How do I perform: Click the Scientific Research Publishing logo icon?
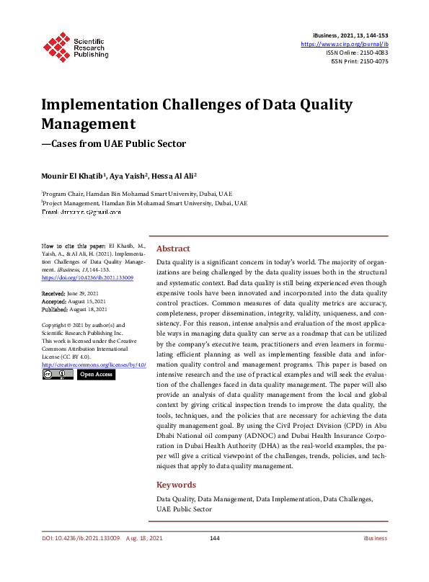[55, 46]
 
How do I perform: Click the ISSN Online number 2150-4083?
[371, 53]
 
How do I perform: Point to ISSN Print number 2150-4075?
[371, 61]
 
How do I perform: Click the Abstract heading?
[173, 248]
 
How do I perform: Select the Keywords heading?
[177, 485]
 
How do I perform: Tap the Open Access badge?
[96, 375]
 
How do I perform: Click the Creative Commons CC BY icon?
[58, 375]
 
